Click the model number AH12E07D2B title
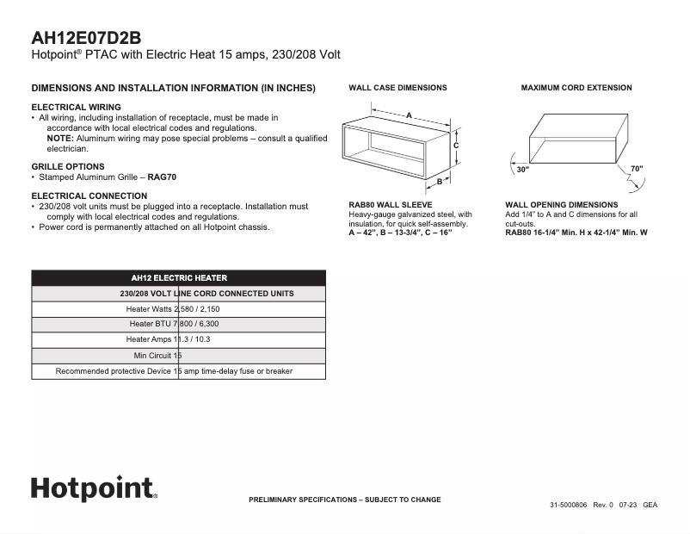point(86,38)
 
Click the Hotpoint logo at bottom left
point(94,488)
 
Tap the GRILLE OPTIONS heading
point(68,166)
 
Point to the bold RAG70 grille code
point(161,177)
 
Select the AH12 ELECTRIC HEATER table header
point(179,278)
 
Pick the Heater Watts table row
point(179,309)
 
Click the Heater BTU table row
point(179,324)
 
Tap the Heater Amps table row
point(179,339)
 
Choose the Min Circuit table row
point(179,355)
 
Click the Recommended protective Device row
point(179,371)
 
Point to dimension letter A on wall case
point(409,114)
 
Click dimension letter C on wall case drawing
point(455,146)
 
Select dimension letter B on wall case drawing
point(438,182)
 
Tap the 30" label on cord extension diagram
point(522,170)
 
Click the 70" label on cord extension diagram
point(636,169)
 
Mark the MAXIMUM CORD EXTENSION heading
point(576,88)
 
